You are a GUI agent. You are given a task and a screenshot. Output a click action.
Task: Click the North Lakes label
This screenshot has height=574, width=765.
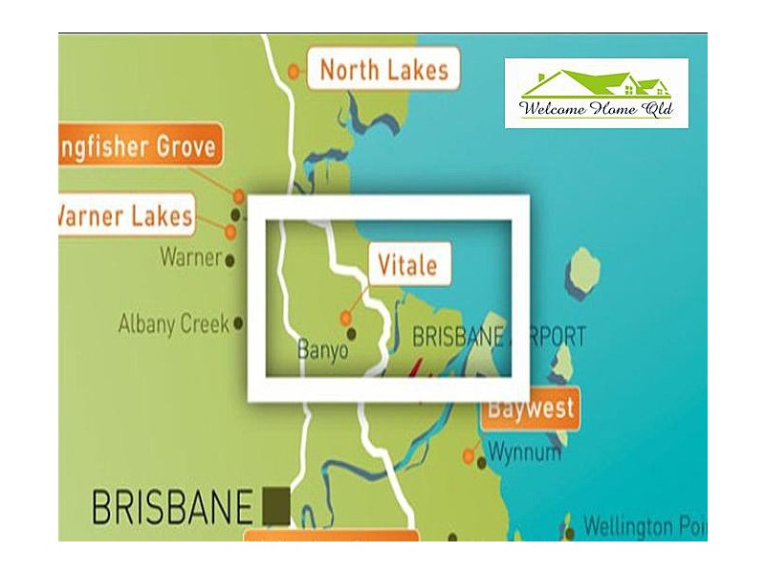(x=382, y=70)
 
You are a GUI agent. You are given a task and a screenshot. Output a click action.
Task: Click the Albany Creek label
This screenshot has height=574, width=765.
(x=173, y=323)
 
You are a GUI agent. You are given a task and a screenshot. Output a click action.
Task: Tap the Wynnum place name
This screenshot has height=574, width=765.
(x=524, y=452)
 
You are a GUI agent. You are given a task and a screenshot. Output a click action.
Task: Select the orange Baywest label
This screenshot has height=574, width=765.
(x=532, y=409)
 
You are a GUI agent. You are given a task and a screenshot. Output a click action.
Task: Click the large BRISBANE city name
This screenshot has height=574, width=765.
(x=172, y=506)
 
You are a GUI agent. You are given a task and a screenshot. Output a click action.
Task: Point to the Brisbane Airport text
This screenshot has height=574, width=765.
(x=497, y=337)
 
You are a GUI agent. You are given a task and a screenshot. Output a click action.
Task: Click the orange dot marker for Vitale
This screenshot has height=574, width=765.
(x=346, y=318)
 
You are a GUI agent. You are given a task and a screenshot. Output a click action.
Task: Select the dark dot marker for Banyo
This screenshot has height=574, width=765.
(x=351, y=333)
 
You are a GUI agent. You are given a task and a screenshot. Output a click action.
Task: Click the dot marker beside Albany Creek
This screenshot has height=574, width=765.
(x=238, y=323)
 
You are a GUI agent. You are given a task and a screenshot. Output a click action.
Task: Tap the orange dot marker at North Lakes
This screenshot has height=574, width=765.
(x=294, y=70)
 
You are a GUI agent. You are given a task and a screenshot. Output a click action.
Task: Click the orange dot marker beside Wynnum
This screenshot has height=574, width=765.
(x=469, y=455)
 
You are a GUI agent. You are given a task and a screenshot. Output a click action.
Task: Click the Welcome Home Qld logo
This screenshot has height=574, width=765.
(x=597, y=94)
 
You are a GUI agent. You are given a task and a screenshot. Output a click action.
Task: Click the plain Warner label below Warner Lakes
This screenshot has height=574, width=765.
(x=190, y=256)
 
